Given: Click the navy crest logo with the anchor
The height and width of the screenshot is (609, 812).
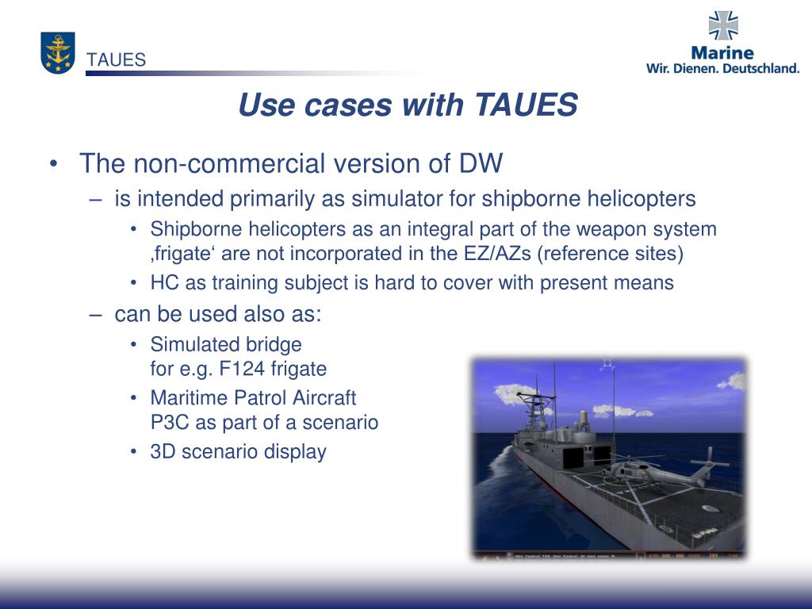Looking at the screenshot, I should [58, 53].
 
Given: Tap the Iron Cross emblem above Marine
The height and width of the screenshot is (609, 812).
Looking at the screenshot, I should [722, 26].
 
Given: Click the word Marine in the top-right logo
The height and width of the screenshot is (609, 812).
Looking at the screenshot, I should [722, 52].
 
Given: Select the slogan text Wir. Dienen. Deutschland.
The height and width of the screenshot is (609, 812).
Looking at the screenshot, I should [723, 68].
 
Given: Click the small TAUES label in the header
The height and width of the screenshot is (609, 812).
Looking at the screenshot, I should [117, 60].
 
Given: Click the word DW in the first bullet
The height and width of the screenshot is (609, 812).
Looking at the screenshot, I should [481, 164].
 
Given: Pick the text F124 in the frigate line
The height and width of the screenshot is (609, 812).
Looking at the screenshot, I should [248, 369].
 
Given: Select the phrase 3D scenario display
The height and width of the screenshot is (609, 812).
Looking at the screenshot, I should [238, 452].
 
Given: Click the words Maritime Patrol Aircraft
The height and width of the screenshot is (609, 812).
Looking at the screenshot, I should [253, 398].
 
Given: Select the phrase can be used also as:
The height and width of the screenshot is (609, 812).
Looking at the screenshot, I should [218, 314].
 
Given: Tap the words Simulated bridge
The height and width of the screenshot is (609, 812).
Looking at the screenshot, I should [226, 344].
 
